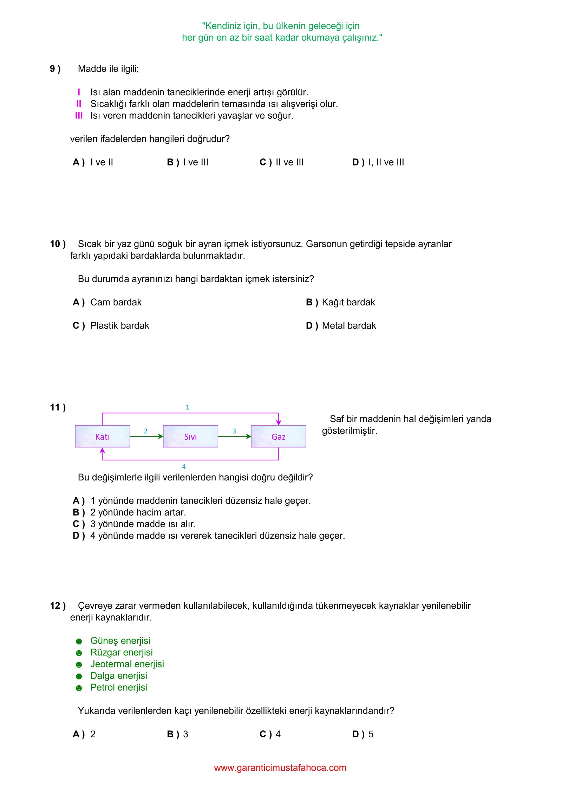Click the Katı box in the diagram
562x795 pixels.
(102, 437)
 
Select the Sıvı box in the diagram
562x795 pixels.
(190, 437)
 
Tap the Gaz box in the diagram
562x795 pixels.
(278, 437)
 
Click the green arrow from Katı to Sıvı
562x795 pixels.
(146, 437)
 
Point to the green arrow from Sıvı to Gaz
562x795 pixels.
(234, 437)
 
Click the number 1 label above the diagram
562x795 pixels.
(187, 407)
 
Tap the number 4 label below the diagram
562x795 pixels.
(184, 467)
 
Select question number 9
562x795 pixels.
(55, 69)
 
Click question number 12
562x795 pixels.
(58, 606)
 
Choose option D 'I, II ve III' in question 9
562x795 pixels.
(378, 162)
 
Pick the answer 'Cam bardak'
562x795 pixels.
(116, 302)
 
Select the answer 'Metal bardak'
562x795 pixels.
(348, 326)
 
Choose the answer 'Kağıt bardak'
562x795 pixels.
(348, 302)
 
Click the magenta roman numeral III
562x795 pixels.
(79, 116)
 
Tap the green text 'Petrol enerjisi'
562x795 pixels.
(119, 687)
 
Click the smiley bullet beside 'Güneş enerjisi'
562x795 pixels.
(79, 641)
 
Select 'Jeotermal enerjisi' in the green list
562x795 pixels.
(127, 664)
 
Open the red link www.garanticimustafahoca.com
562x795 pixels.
(280, 768)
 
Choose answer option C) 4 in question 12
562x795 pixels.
(270, 734)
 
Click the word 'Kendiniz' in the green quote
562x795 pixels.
(223, 26)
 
